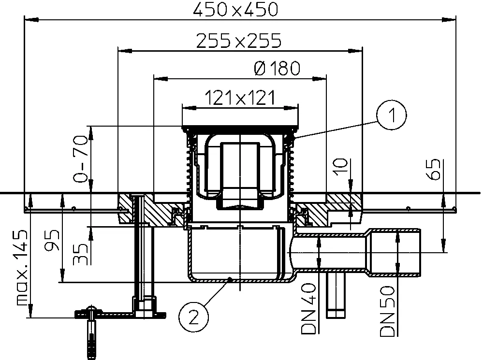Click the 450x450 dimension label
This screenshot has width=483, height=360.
(x=235, y=9)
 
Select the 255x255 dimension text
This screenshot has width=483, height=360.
(x=239, y=41)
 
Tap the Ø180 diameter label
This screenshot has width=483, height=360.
(x=277, y=68)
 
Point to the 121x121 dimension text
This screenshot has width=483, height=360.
(x=239, y=98)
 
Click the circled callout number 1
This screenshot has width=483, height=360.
(x=392, y=115)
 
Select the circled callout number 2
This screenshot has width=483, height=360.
(x=193, y=317)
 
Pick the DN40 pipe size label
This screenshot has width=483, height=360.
(x=309, y=309)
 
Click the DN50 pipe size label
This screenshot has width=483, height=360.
(x=387, y=311)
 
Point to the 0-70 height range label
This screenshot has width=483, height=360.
(x=80, y=158)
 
